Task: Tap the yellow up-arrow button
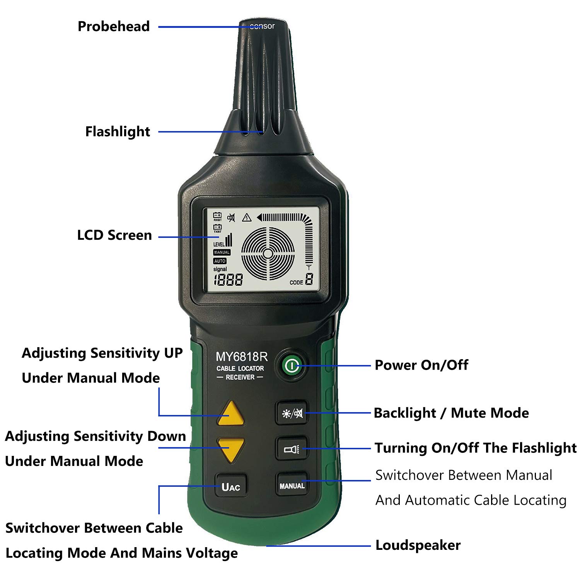click(231, 414)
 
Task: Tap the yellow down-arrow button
click(231, 449)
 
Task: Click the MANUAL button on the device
click(292, 486)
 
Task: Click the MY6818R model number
click(241, 357)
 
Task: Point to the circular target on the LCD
click(268, 253)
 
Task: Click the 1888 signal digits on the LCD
click(228, 280)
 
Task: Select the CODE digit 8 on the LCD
click(309, 279)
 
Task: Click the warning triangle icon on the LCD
click(247, 217)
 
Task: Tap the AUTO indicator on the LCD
click(220, 261)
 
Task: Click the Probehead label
click(114, 26)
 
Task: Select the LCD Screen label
click(114, 235)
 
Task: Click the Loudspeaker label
click(418, 545)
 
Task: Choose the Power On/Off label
click(421, 365)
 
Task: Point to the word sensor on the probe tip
click(262, 26)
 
